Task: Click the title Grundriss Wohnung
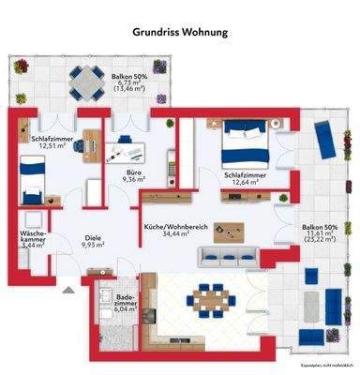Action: pos(180,31)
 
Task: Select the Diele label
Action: pos(92,237)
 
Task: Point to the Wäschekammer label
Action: pos(31,235)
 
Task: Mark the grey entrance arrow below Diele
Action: pos(66,291)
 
